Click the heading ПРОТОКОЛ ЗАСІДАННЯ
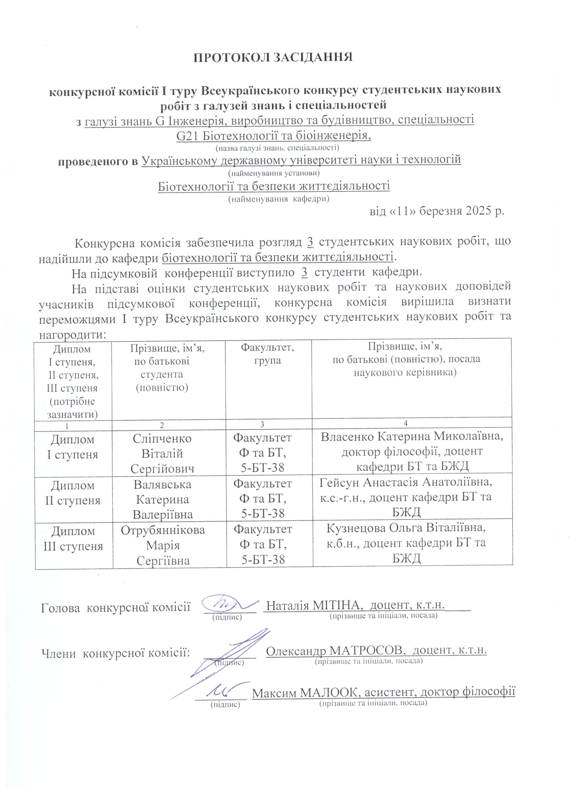pos(273,57)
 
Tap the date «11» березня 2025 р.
pos(437,212)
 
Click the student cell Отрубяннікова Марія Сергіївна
pos(163,546)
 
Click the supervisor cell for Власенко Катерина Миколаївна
pos(412,452)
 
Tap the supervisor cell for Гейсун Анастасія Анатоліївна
pos(406,497)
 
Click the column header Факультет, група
pos(267,354)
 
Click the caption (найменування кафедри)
pos(279,199)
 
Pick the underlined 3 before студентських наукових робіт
pos(310,242)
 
